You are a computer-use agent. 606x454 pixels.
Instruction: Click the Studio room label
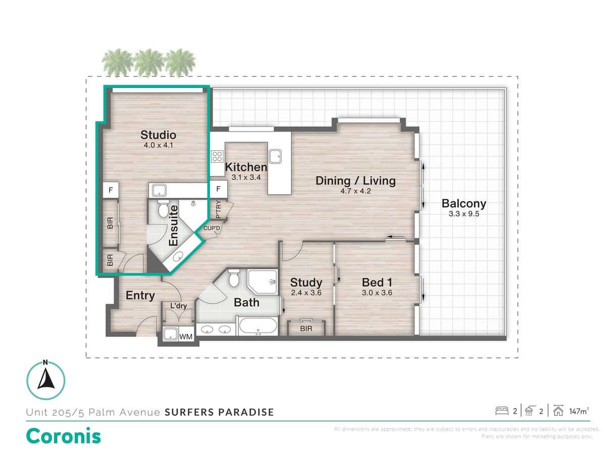[x=158, y=135]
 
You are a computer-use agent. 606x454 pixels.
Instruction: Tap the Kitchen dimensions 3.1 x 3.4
[x=246, y=178]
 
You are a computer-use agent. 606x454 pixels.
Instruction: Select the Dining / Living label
[x=356, y=181]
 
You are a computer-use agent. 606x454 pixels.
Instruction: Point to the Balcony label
[x=464, y=204]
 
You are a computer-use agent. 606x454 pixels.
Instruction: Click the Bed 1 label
[x=377, y=282]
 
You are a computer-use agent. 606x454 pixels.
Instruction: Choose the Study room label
[x=306, y=282]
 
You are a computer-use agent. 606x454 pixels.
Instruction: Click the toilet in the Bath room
[x=234, y=278]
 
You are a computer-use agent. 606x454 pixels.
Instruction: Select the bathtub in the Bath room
[x=257, y=326]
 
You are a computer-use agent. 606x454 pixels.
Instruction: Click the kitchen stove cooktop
[x=218, y=156]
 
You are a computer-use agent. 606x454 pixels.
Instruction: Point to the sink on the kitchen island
[x=276, y=156]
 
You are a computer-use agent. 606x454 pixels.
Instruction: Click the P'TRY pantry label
[x=218, y=210]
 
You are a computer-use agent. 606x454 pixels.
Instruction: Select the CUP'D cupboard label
[x=212, y=229]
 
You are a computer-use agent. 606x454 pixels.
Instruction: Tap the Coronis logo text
[x=63, y=436]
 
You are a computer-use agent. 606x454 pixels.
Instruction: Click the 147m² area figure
[x=578, y=411]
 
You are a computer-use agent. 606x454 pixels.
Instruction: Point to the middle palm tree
[x=149, y=62]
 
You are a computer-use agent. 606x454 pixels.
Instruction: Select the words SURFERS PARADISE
[x=219, y=412]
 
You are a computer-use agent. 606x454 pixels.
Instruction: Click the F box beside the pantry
[x=219, y=190]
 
